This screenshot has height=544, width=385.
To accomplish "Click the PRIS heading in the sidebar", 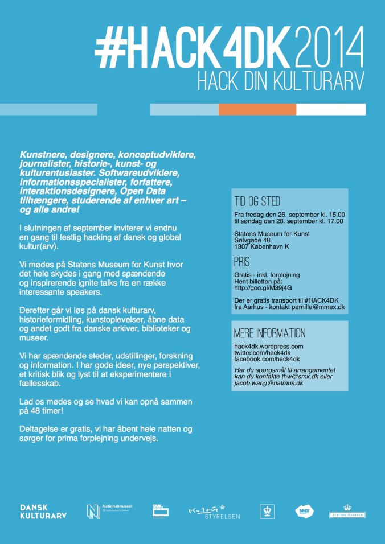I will click(x=242, y=262).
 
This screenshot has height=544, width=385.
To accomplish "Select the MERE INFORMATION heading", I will click(x=269, y=333).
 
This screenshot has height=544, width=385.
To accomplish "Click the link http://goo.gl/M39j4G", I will click(x=263, y=287).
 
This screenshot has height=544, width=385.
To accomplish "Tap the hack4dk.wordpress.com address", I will click(x=268, y=346).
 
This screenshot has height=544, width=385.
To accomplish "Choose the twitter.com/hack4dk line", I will click(x=261, y=353).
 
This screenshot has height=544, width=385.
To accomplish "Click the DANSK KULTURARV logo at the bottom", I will click(x=43, y=511).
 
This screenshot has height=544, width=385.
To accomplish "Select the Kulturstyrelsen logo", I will click(x=214, y=512).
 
